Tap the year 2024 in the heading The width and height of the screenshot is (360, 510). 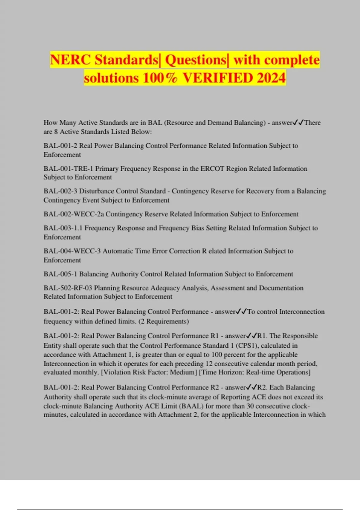(x=271, y=78)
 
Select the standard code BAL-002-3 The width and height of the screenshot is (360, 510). (x=60, y=191)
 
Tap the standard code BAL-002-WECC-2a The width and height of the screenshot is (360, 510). (x=73, y=214)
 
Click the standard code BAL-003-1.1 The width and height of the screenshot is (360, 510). (x=63, y=228)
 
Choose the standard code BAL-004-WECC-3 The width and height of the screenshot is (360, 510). (x=72, y=251)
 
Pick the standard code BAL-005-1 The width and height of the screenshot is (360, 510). (x=60, y=274)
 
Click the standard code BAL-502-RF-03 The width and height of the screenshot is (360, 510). (x=68, y=288)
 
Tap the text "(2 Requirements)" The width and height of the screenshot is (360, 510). (x=163, y=321)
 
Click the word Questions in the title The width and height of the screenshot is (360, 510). (x=196, y=60)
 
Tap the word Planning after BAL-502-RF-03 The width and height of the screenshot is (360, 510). (x=106, y=288)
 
